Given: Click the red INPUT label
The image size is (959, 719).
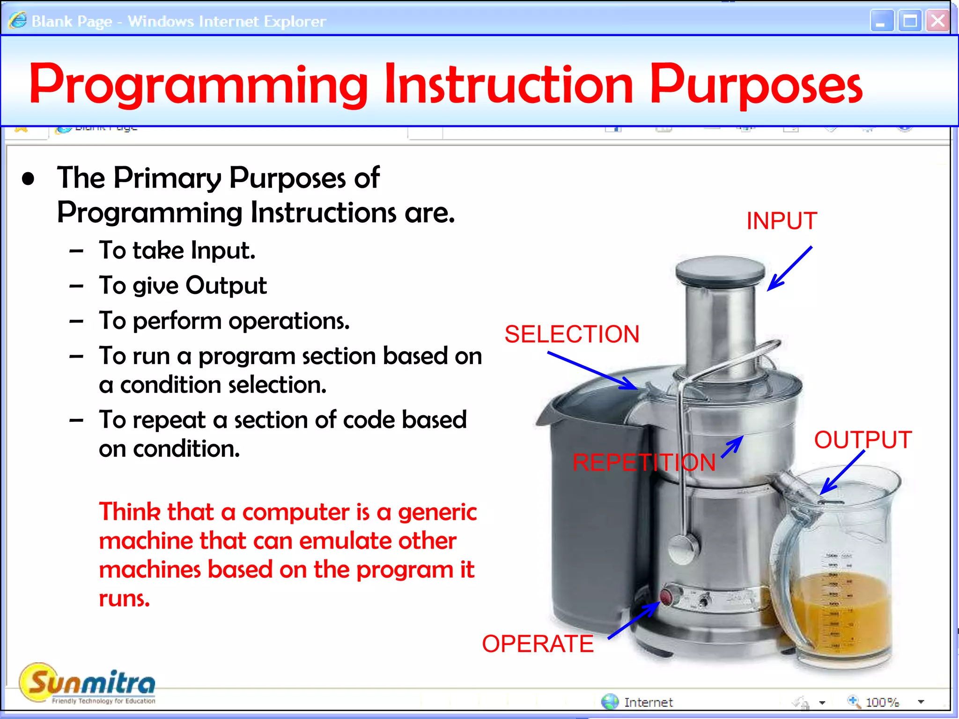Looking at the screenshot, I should click(x=782, y=221).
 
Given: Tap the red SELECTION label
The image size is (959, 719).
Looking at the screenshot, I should click(x=572, y=334).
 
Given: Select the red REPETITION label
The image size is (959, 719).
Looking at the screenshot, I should click(x=644, y=462).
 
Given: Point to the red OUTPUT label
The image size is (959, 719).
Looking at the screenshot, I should click(x=863, y=440).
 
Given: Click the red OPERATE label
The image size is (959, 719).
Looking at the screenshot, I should click(x=538, y=644).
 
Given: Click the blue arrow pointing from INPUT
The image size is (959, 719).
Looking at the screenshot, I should click(x=790, y=269).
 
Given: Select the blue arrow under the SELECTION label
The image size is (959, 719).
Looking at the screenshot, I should click(x=592, y=370).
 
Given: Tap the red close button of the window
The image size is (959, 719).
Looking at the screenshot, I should click(x=937, y=21).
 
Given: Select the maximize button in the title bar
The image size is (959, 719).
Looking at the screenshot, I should click(x=910, y=21).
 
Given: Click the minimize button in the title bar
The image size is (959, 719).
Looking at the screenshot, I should click(x=882, y=21).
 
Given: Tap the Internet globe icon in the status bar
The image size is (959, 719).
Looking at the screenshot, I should click(x=610, y=702).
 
